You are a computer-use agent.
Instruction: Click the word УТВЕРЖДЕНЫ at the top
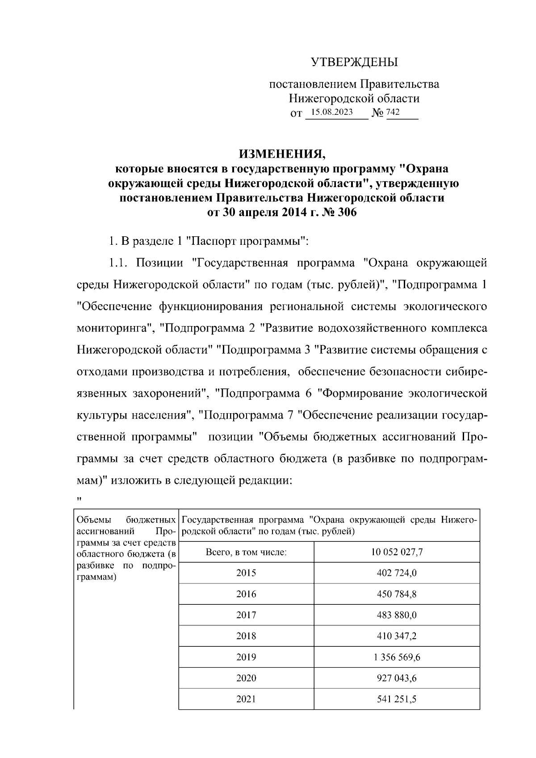(x=354, y=62)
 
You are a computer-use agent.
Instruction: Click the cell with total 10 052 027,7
(x=397, y=552)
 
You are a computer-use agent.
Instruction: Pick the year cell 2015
(x=246, y=573)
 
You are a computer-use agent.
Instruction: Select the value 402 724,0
(x=397, y=573)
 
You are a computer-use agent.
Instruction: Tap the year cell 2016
(x=246, y=594)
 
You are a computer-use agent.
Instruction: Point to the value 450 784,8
(x=397, y=594)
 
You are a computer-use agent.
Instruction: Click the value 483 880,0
(x=397, y=615)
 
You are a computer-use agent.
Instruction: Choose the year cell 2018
(x=246, y=636)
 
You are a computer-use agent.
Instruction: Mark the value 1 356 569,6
(x=397, y=657)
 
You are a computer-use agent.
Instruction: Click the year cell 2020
(x=246, y=678)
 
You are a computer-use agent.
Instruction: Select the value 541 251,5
(x=397, y=699)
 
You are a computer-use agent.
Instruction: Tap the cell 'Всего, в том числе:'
(x=246, y=552)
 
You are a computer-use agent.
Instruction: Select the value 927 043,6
(x=397, y=678)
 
